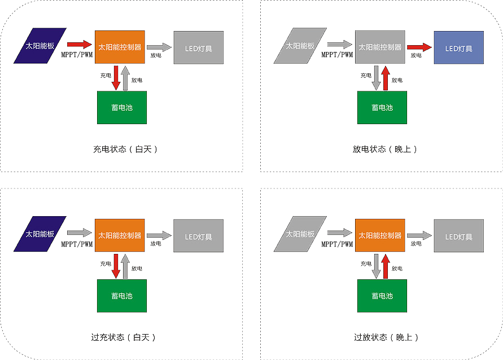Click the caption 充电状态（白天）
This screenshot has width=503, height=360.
click(x=125, y=150)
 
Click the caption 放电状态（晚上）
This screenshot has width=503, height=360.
click(x=386, y=150)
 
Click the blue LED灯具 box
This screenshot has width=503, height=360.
click(x=458, y=48)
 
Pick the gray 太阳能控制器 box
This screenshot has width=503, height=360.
click(x=380, y=48)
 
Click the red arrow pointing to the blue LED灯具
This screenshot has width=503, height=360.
click(x=419, y=47)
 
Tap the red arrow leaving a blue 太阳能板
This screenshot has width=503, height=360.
click(x=79, y=44)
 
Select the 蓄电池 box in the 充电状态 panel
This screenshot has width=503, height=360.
click(x=122, y=107)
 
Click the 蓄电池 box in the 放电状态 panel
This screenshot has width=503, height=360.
click(x=382, y=107)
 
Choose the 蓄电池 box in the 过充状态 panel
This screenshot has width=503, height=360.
click(x=122, y=296)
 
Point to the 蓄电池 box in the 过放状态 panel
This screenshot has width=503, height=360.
click(x=382, y=296)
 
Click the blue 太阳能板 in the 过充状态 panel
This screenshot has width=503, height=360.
click(x=40, y=234)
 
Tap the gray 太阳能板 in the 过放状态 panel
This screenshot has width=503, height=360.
click(x=300, y=234)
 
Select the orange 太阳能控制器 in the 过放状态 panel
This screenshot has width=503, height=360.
click(x=380, y=235)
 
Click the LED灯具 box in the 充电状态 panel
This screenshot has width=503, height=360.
click(x=198, y=48)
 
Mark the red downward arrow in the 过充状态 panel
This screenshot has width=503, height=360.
click(x=116, y=266)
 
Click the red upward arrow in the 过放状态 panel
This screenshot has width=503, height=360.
click(x=386, y=266)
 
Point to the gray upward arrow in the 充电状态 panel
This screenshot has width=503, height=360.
click(x=126, y=78)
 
